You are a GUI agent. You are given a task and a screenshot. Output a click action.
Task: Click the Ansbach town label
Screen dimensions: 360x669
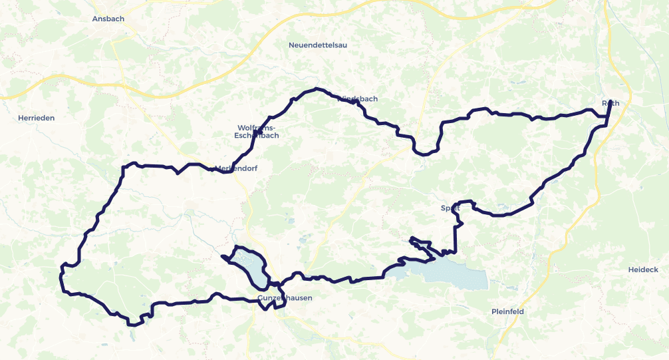[108, 19]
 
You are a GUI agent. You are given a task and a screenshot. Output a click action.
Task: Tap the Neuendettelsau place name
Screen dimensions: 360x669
[318, 45]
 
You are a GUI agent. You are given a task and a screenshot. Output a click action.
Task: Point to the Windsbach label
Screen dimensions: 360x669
[358, 99]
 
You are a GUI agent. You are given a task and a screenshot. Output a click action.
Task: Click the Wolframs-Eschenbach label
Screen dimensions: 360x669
[256, 131]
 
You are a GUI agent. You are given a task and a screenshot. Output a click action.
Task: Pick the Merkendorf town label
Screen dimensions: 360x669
[236, 168]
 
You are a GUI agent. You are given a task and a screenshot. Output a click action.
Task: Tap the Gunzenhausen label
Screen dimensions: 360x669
[285, 298]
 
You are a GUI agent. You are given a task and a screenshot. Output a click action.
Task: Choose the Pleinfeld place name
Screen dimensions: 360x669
[509, 311]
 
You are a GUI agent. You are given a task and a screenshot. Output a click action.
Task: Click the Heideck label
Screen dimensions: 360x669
[642, 270]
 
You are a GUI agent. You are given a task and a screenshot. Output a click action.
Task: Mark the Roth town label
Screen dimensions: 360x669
[610, 103]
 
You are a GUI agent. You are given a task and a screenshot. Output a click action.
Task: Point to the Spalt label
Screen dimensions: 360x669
[450, 208]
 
